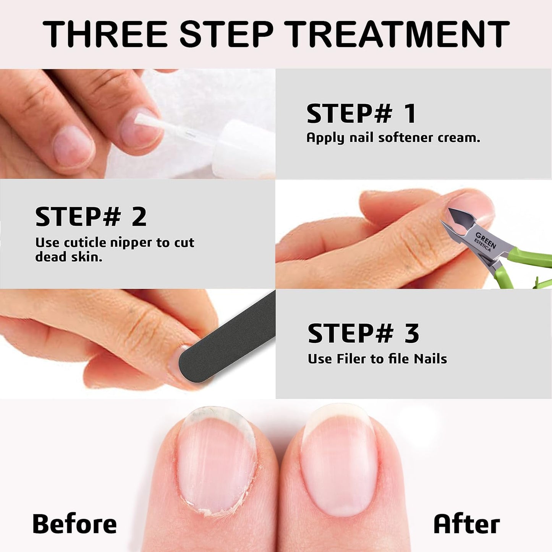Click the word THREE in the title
pyautogui.click(x=105, y=34)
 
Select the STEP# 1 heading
pyautogui.click(x=361, y=114)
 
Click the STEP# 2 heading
pyautogui.click(x=91, y=217)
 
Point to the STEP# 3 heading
pyautogui.click(x=363, y=333)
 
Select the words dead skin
pyautogui.click(x=69, y=257)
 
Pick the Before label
pyautogui.click(x=74, y=524)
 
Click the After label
pyautogui.click(x=466, y=524)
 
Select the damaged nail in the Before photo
pyautogui.click(x=216, y=462)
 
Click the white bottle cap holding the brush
pyautogui.click(x=244, y=147)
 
